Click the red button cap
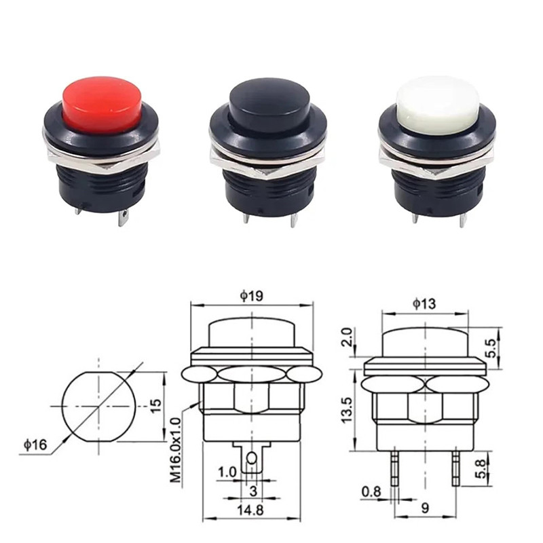(x=103, y=105)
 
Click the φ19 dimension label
(x=251, y=295)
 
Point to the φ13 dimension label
(x=424, y=303)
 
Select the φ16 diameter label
(x=35, y=445)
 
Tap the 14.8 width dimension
(x=250, y=510)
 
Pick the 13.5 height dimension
(x=346, y=410)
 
